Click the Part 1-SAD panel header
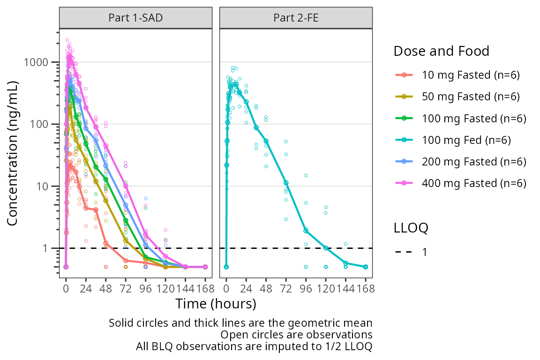coord(135,18)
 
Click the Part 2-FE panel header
coord(296,18)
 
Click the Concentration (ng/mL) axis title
coord(13,153)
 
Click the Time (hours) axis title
coord(216,304)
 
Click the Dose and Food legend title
coord(441,51)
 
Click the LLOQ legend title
coord(411,228)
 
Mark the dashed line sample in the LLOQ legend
coord(404,252)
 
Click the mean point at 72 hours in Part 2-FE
coord(286,183)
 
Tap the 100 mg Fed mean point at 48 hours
coord(266,141)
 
